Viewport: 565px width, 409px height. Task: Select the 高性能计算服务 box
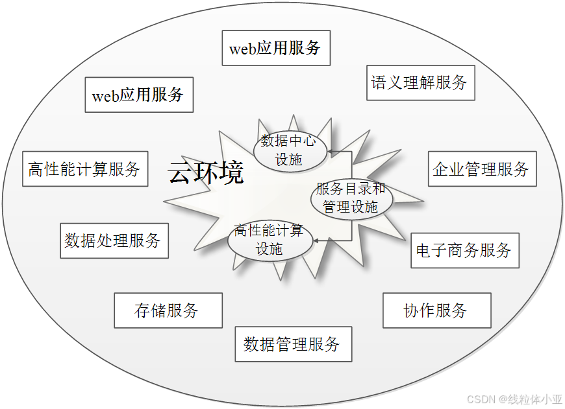click(85, 169)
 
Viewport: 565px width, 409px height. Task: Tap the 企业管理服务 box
click(482, 169)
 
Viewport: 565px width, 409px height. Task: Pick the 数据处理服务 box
click(114, 241)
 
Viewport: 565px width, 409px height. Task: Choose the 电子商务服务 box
click(465, 250)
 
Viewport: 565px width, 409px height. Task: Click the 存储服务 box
click(168, 310)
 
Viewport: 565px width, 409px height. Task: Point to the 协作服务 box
click(436, 310)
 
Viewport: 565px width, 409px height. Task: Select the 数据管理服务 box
click(293, 344)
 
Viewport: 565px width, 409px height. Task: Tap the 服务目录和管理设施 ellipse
click(351, 198)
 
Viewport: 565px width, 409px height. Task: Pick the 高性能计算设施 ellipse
click(270, 240)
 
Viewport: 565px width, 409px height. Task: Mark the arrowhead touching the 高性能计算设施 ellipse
click(316, 241)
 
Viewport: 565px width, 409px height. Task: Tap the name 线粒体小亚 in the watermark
click(535, 398)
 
